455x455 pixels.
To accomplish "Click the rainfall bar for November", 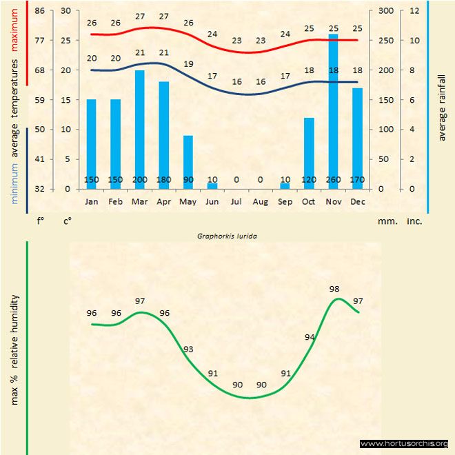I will (334, 110).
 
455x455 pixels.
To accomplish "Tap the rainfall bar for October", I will (309, 152).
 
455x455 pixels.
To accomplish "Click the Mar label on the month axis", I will (139, 202).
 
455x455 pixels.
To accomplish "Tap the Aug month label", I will (260, 202).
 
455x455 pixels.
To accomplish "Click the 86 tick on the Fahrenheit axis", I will (39, 10).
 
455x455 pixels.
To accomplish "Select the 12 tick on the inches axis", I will (414, 10).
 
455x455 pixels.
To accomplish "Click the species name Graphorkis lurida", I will (227, 235).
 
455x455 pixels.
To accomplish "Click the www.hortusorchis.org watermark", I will (405, 443).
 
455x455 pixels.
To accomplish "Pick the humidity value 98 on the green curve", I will (334, 289).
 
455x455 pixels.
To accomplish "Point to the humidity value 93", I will (188, 350).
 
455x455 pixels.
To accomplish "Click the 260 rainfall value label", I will (334, 181).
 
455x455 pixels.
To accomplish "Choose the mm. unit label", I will (386, 221).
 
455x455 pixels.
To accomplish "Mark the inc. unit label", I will (414, 221).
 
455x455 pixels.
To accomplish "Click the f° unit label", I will (40, 221).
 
